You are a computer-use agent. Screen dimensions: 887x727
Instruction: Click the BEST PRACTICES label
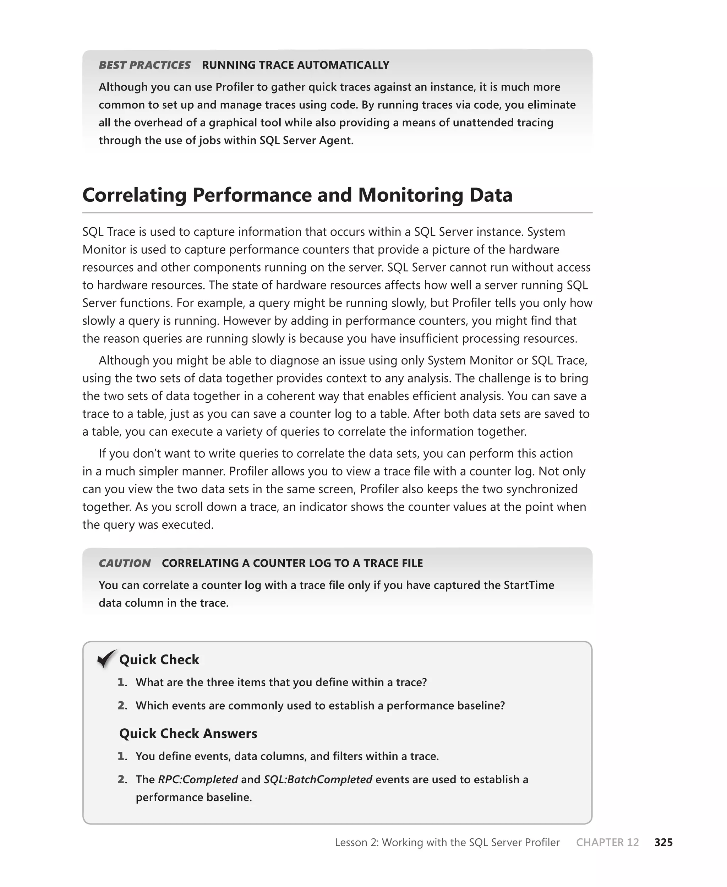click(144, 65)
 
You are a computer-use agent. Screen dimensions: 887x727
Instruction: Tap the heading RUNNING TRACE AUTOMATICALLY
click(295, 65)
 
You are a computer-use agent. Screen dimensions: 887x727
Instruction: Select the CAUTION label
click(124, 563)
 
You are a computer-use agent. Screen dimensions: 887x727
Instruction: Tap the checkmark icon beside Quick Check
click(106, 659)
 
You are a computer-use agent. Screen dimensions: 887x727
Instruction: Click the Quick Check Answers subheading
click(188, 733)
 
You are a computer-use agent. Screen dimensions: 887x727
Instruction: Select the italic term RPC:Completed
click(198, 779)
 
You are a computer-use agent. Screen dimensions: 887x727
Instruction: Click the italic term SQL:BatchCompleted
click(318, 779)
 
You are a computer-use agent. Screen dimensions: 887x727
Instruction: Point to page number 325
click(663, 842)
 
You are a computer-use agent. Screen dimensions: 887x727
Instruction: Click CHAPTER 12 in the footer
click(607, 842)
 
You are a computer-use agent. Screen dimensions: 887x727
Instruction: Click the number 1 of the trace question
click(121, 682)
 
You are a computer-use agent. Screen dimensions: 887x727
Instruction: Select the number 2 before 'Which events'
click(122, 706)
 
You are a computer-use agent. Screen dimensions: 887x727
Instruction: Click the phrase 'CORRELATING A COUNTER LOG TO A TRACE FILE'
click(292, 563)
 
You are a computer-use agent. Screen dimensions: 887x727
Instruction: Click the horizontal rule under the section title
click(337, 213)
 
